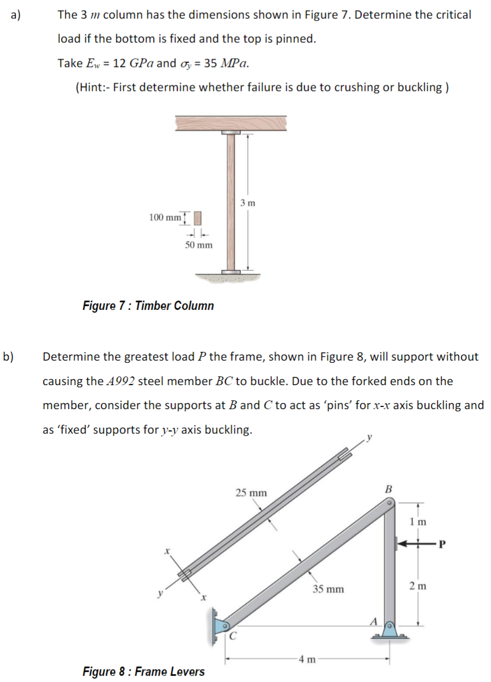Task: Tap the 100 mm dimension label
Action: click(x=165, y=217)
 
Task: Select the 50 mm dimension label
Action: click(x=198, y=245)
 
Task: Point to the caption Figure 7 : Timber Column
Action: click(x=148, y=306)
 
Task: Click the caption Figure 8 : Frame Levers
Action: click(x=143, y=671)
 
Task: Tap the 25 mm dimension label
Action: click(x=251, y=493)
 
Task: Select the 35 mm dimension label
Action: click(x=328, y=589)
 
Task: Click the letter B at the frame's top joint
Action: click(x=389, y=489)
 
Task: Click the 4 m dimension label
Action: click(x=308, y=660)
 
